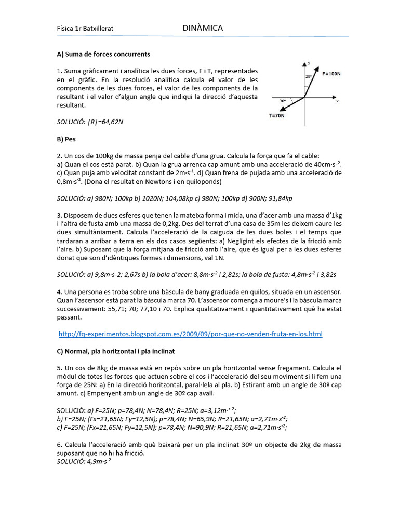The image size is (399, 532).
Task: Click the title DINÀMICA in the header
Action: [x=203, y=28]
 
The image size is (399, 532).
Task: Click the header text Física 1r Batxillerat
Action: [x=85, y=29]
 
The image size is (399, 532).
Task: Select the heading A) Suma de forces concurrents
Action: [x=103, y=54]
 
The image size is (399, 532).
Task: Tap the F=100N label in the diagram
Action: [x=331, y=74]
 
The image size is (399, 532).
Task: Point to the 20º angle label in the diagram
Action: [x=309, y=76]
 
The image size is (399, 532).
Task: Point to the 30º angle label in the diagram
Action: [x=283, y=100]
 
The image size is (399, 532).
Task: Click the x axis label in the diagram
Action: [x=337, y=101]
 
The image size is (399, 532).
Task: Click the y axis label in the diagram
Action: [x=309, y=62]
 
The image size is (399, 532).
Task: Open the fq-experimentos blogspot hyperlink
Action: [x=191, y=334]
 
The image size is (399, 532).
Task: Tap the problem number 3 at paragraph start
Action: [x=59, y=215]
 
